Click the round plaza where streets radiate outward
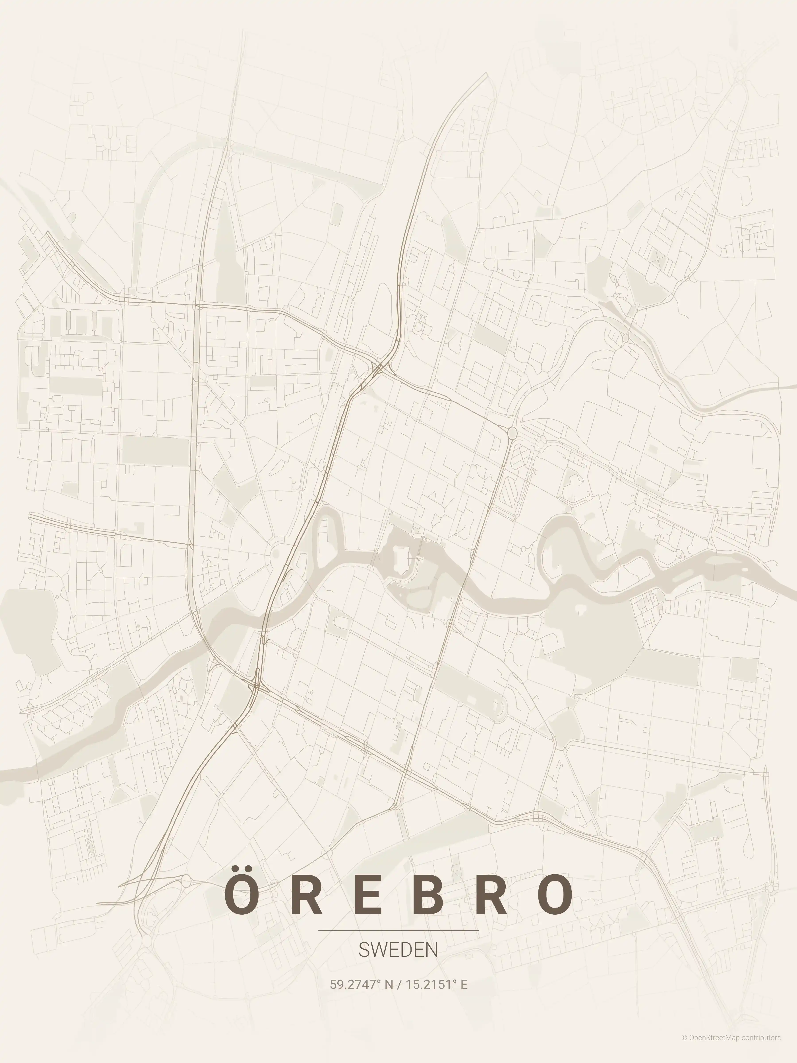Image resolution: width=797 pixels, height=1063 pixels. [x=275, y=555]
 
